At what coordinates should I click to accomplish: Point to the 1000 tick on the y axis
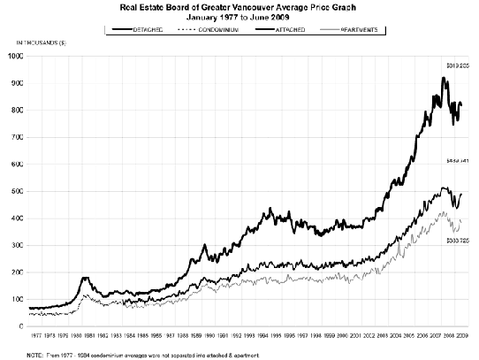pyautogui.click(x=15, y=56)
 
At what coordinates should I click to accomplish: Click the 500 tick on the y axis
pyautogui.click(x=17, y=191)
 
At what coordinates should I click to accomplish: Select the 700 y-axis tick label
pyautogui.click(x=17, y=137)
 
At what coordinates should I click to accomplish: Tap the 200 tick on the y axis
pyautogui.click(x=17, y=272)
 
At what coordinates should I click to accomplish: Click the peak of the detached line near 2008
pyautogui.click(x=444, y=79)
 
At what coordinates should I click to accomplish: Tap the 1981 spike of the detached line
pyautogui.click(x=85, y=278)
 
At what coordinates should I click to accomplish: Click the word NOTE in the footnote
pyautogui.click(x=36, y=354)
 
